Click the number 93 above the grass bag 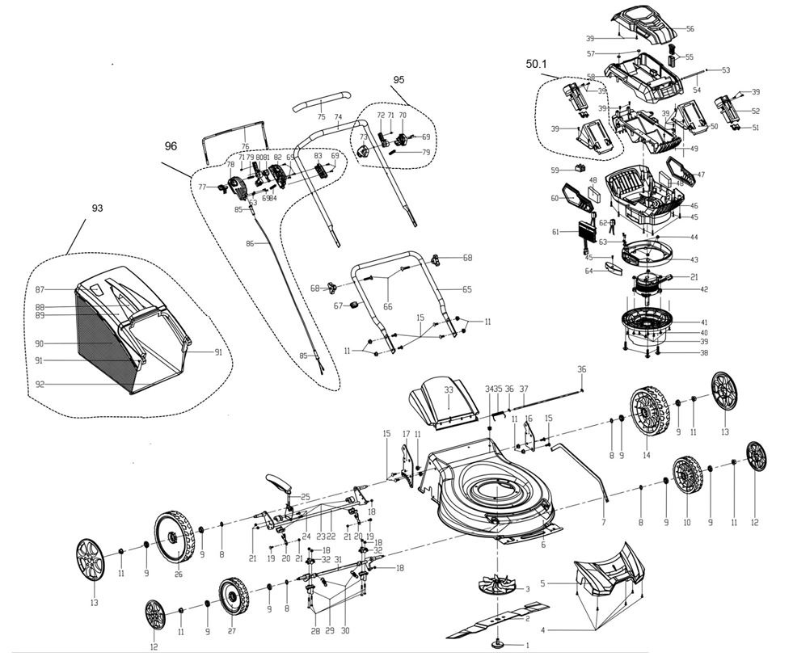[x=97, y=208]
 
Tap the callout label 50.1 [x=537, y=63]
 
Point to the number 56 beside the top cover [x=690, y=29]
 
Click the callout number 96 [x=170, y=146]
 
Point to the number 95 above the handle [x=398, y=80]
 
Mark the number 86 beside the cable [x=251, y=242]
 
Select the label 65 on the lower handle [x=467, y=289]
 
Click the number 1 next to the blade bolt [x=527, y=645]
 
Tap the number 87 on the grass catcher [x=39, y=289]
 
